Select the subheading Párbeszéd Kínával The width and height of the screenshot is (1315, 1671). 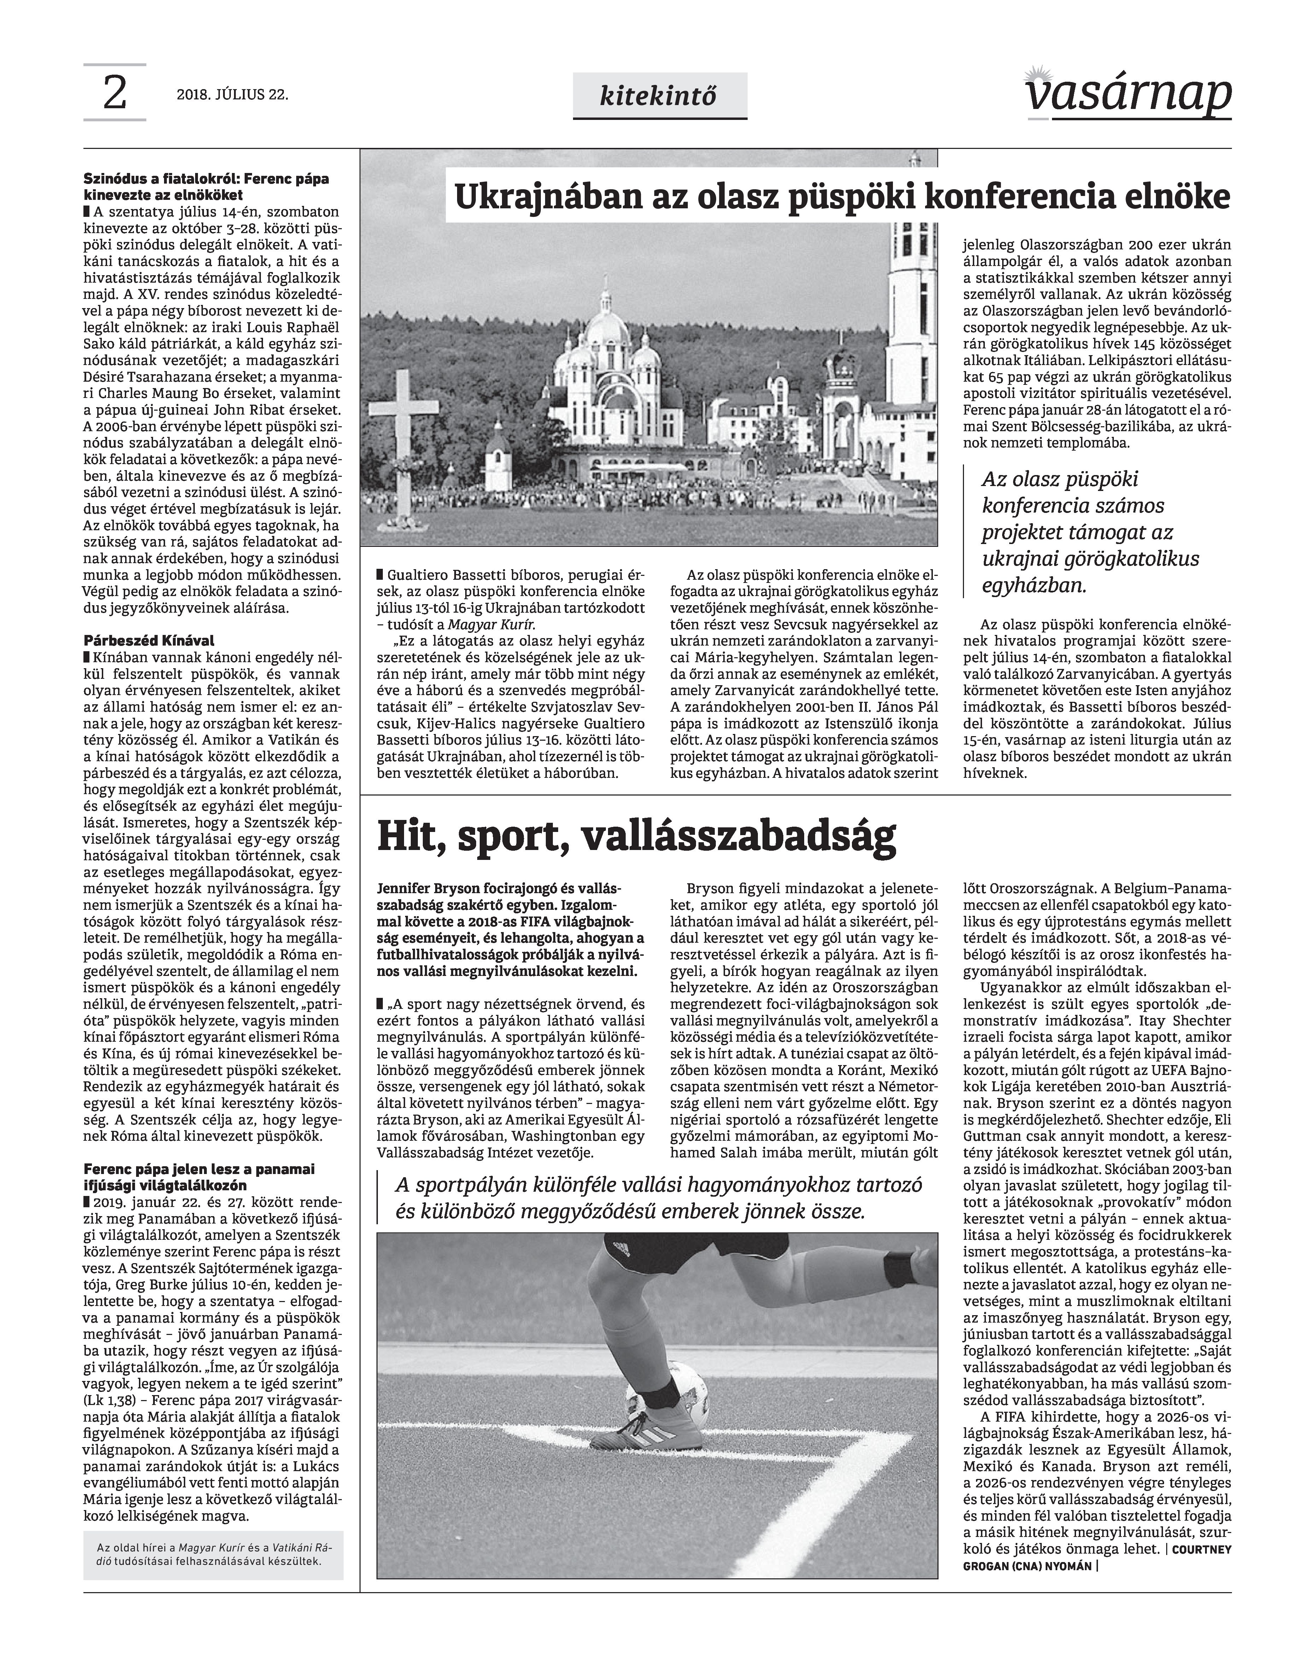[x=148, y=640]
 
